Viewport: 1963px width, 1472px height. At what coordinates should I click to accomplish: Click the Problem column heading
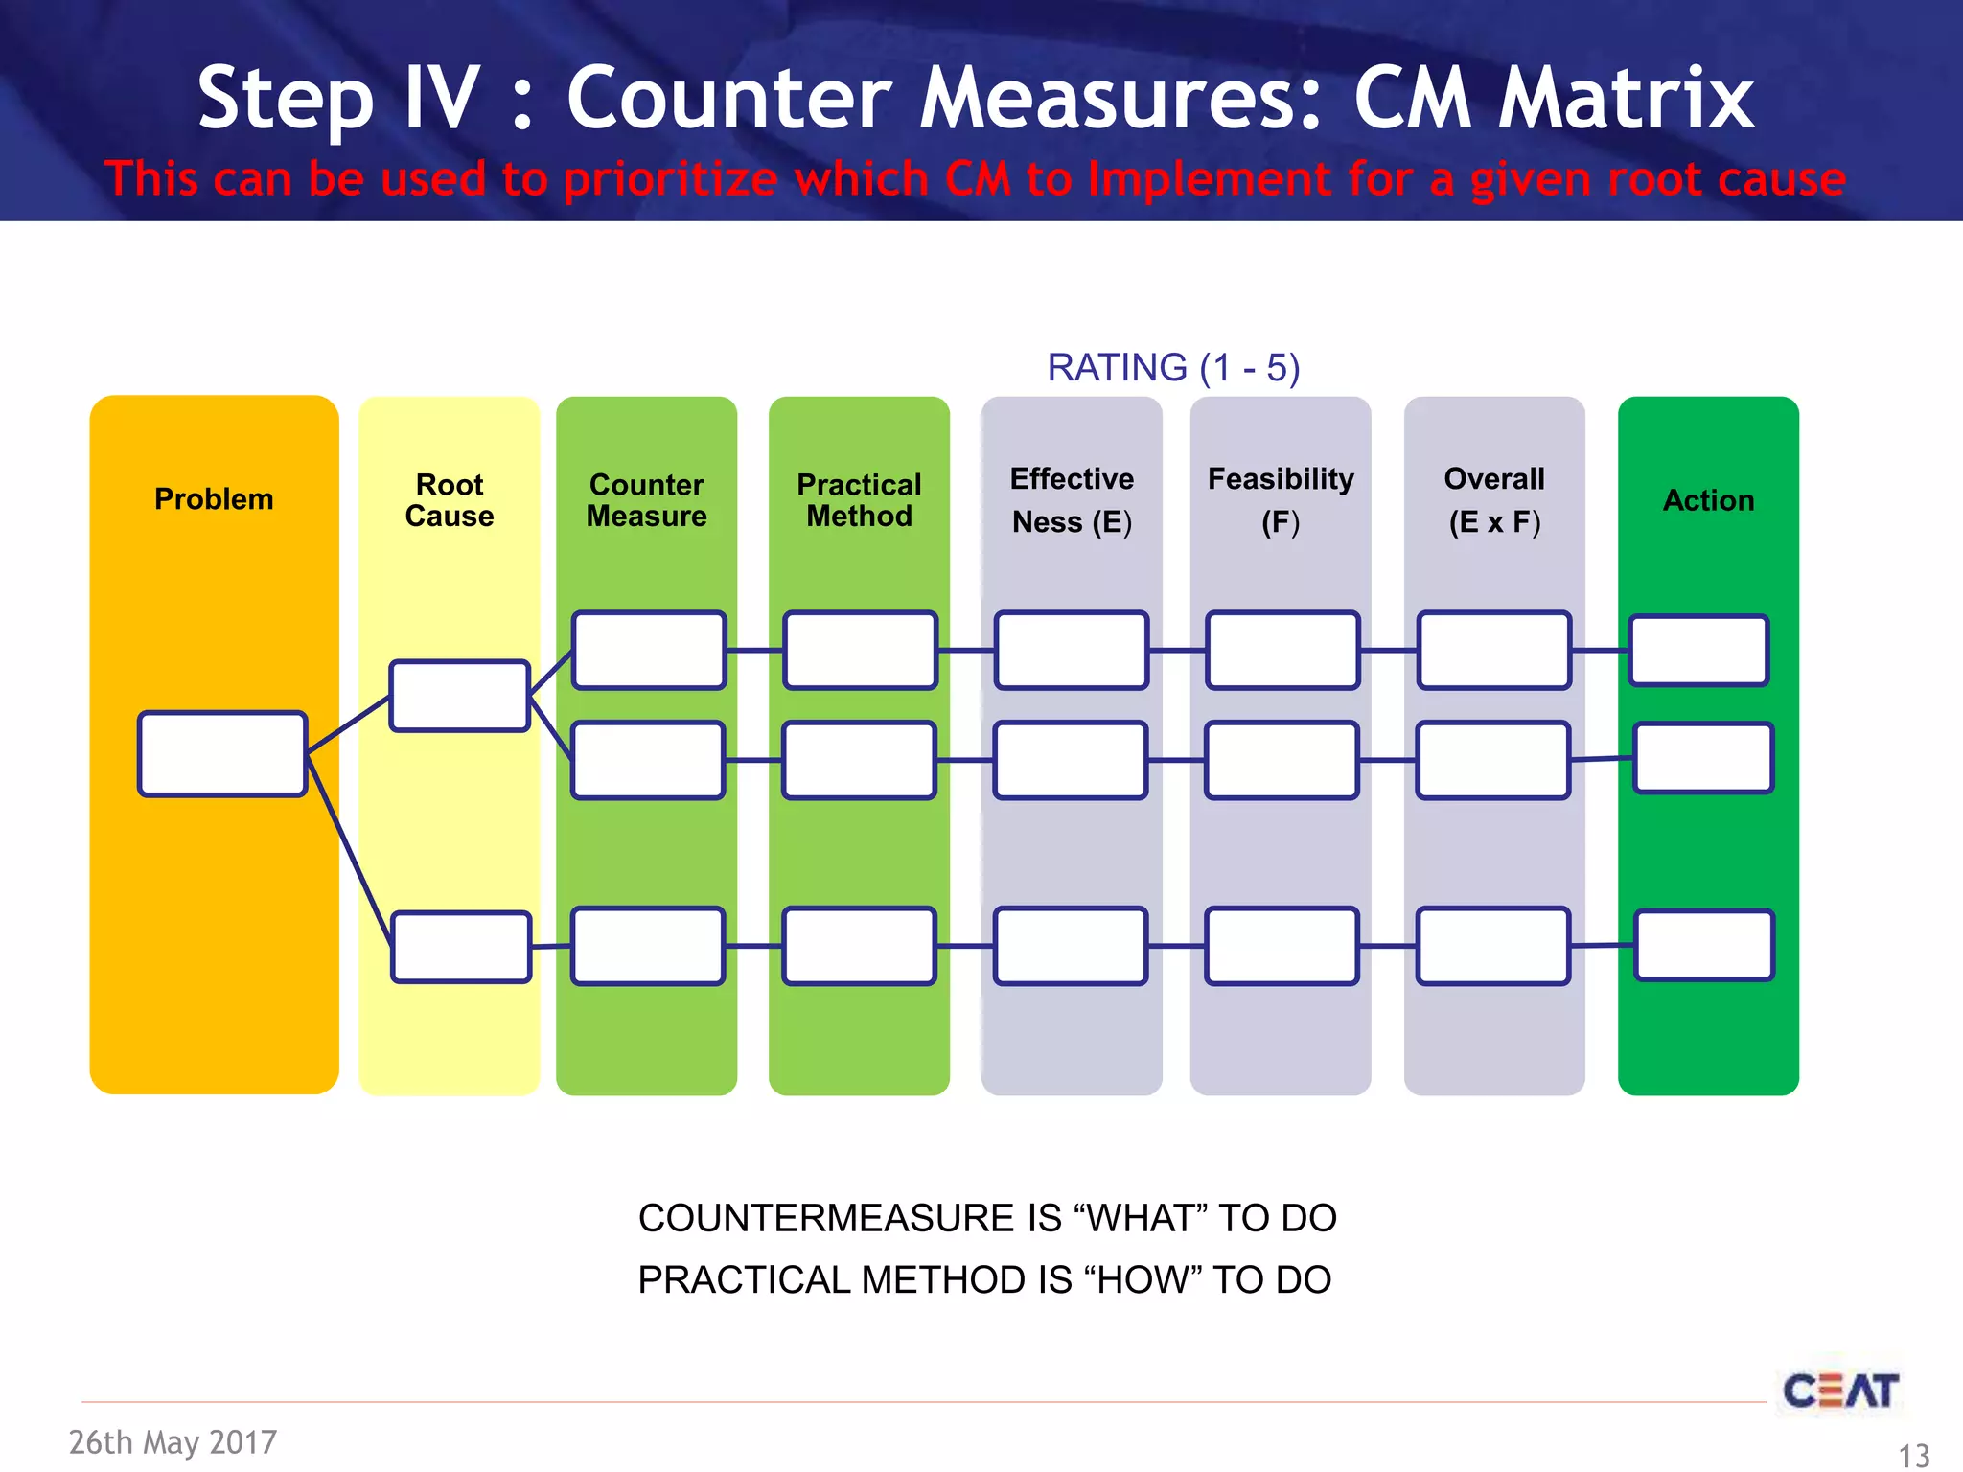214,499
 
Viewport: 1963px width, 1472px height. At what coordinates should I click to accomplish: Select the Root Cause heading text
449,500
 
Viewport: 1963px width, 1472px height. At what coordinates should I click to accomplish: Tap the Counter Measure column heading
646,500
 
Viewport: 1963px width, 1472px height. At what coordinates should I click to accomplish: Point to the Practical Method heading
859,500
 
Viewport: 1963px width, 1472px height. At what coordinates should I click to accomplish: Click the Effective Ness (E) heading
1072,500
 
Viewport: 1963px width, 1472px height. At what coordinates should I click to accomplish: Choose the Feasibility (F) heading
1281,500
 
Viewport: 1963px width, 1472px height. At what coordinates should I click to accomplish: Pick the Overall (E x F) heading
1494,500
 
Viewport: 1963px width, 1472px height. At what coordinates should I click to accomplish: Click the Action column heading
1708,500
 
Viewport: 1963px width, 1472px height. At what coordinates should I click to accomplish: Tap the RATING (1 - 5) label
1173,368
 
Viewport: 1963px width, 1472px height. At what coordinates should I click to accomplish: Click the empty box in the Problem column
222,754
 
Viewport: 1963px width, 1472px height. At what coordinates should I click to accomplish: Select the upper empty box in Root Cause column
460,696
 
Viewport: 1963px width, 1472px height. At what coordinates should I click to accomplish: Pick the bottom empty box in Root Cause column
461,947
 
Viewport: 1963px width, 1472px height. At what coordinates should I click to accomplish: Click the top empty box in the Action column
1698,651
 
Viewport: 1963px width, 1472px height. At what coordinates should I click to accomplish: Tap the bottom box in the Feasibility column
1282,946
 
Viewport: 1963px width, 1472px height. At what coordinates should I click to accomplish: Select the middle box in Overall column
1492,760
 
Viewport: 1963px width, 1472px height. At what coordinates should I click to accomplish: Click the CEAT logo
1840,1391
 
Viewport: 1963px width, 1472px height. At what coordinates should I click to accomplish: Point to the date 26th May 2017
173,1442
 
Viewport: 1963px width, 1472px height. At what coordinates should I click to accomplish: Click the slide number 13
1914,1456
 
